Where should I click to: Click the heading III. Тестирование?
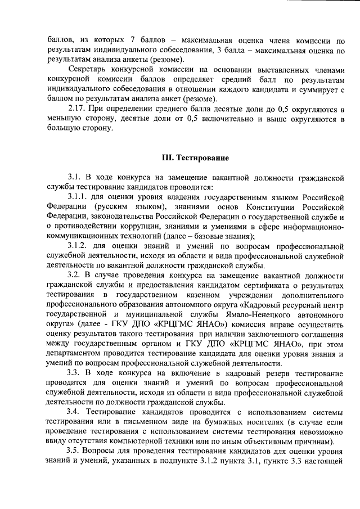[195, 159]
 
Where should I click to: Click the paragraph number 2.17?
[76, 109]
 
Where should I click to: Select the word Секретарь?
[87, 70]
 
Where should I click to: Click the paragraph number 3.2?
[74, 276]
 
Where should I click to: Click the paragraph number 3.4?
[74, 413]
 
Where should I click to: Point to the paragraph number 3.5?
[74, 452]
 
